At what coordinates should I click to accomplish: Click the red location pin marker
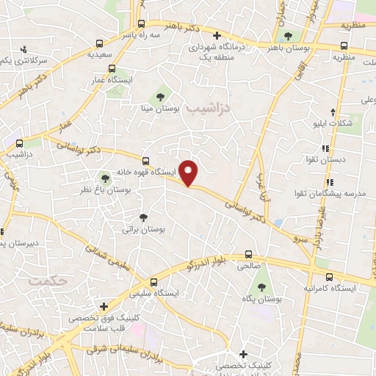tap(189, 173)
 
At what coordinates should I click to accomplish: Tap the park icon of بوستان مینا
tap(160, 96)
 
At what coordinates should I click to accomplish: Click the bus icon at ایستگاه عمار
tap(112, 69)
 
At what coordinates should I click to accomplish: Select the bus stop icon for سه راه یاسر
tap(142, 23)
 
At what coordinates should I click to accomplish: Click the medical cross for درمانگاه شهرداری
tap(216, 35)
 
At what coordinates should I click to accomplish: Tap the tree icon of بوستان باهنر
tap(287, 35)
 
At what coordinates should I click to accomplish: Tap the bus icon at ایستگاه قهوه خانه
tap(145, 161)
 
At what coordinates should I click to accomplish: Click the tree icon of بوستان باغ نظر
tap(104, 178)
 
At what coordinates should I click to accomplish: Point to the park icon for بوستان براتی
tap(144, 217)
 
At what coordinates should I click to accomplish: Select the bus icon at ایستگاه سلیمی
tap(153, 282)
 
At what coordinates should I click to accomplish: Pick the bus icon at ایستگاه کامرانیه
tap(329, 278)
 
